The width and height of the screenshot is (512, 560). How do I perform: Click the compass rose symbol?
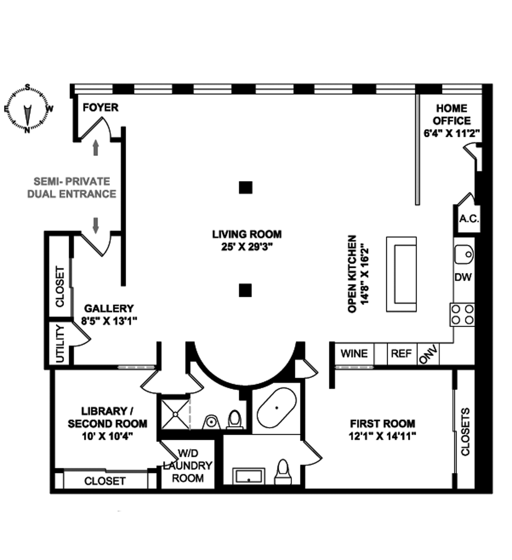(x=27, y=109)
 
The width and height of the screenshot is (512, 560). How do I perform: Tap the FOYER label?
(x=100, y=107)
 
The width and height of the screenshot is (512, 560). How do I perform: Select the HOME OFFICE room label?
(x=452, y=114)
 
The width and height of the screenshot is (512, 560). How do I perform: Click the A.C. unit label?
(x=469, y=219)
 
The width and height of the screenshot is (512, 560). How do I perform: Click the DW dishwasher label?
(x=463, y=277)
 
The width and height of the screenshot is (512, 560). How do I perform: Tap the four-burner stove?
(x=462, y=315)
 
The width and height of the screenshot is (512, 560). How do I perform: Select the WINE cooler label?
(x=354, y=354)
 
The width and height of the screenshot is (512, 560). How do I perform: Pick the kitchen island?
(x=401, y=274)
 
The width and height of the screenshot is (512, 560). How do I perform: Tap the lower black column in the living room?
(x=245, y=290)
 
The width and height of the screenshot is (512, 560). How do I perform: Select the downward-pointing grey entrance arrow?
(x=96, y=225)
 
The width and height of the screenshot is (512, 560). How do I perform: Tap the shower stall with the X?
(x=176, y=414)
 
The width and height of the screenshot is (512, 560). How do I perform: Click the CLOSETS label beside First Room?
(x=465, y=432)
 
